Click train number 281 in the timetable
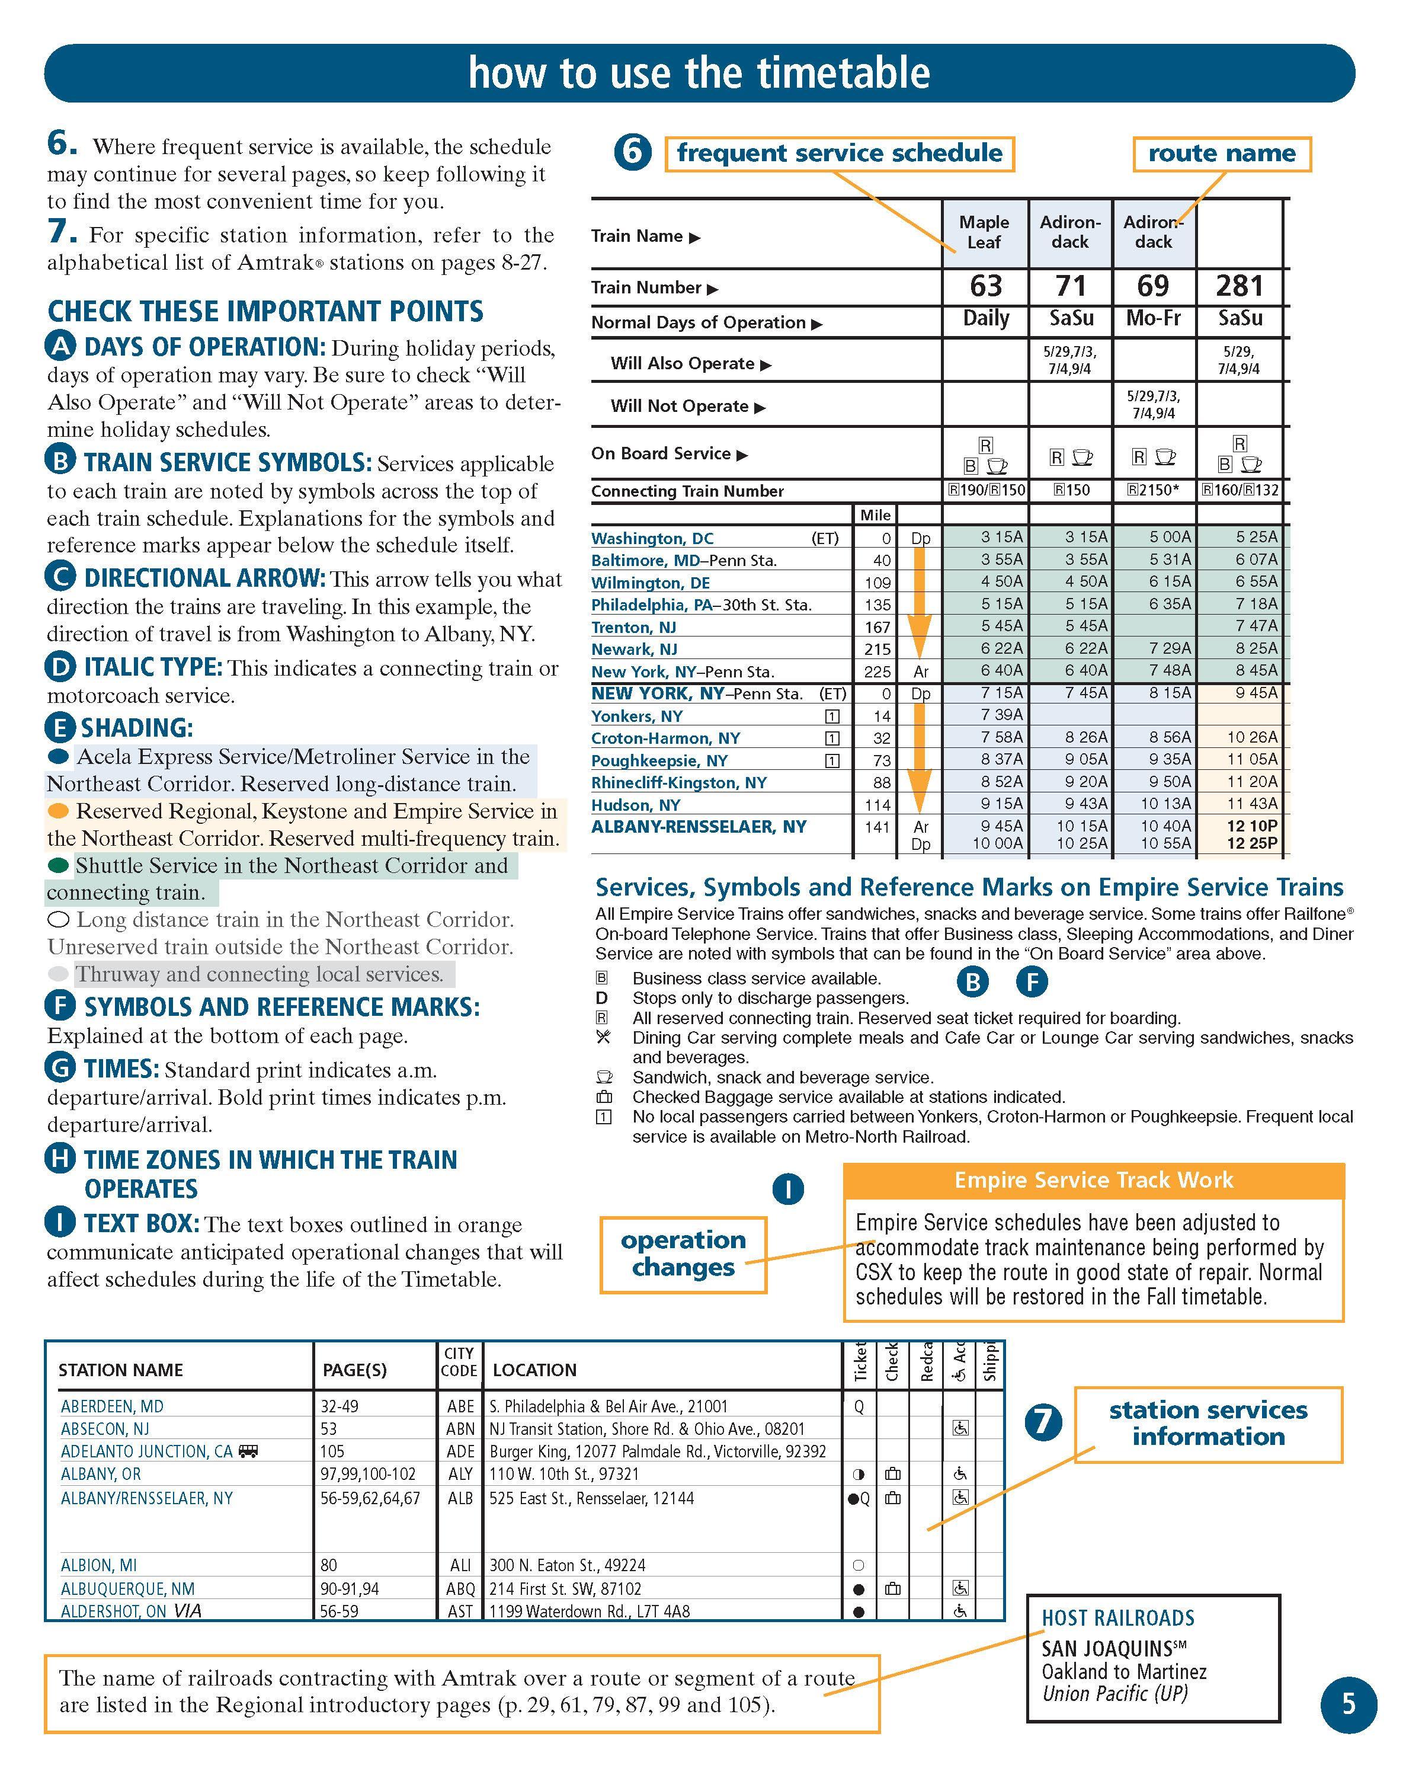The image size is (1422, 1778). (x=1239, y=286)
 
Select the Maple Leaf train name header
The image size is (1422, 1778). (x=984, y=232)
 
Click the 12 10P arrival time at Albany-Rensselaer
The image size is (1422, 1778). (x=1252, y=826)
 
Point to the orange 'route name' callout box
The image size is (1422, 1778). (x=1222, y=154)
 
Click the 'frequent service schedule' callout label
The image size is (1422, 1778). (x=839, y=154)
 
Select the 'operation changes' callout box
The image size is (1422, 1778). (x=683, y=1253)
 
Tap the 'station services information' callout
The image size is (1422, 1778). (x=1208, y=1424)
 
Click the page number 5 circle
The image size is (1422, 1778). (x=1349, y=1704)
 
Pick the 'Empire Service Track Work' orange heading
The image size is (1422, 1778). (x=1093, y=1180)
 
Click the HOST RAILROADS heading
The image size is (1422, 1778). (x=1118, y=1618)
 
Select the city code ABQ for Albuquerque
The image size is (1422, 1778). (x=460, y=1588)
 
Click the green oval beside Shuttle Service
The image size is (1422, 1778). (x=59, y=865)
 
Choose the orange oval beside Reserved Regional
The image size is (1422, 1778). (x=59, y=811)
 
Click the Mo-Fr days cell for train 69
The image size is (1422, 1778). (x=1153, y=318)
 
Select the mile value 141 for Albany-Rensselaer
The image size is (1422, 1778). (x=877, y=826)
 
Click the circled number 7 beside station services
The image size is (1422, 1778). (x=1043, y=1421)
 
